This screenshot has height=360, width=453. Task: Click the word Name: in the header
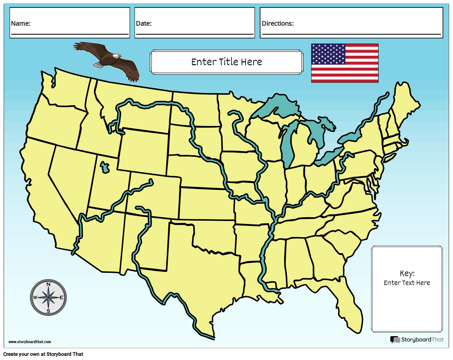[21, 24]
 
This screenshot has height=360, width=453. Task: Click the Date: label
[144, 24]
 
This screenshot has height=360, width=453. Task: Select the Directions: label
[278, 24]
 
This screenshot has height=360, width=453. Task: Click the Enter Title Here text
[226, 62]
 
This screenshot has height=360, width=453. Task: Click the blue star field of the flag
[328, 54]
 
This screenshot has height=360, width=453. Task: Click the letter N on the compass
[48, 284]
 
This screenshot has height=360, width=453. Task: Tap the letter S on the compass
[48, 311]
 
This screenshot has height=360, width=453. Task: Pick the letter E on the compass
[61, 298]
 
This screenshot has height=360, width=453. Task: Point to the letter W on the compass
[35, 298]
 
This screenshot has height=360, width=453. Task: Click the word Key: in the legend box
[407, 273]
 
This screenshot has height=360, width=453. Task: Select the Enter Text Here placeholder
[407, 283]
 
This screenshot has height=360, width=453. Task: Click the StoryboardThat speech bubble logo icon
[395, 340]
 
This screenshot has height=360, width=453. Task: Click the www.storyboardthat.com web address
[30, 342]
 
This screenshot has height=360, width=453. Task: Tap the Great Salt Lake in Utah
[104, 167]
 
